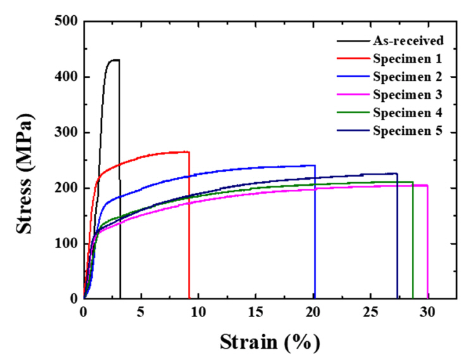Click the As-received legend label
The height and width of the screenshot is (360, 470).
click(407, 41)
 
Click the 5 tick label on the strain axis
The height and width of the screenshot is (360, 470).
click(141, 312)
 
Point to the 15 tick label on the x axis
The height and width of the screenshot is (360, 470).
click(256, 312)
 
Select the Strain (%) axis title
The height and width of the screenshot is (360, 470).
click(270, 342)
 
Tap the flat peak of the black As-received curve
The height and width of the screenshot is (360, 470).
click(114, 60)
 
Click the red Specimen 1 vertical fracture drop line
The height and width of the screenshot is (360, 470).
click(189, 228)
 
